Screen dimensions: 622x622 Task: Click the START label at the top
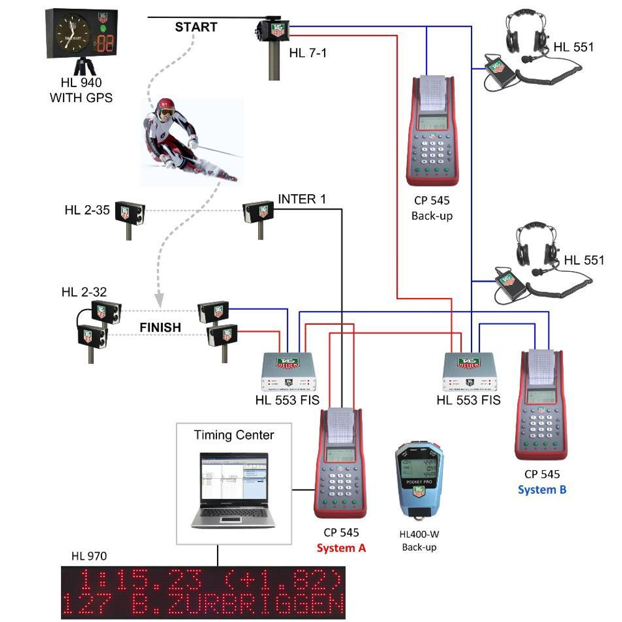point(196,27)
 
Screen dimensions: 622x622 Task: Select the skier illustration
point(187,140)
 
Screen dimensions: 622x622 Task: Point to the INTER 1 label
point(302,199)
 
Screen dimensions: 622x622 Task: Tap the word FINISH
point(160,327)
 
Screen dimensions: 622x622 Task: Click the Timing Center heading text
point(233,435)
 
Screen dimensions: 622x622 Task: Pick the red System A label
point(341,548)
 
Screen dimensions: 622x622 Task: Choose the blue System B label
point(542,490)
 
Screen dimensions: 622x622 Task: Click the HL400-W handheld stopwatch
point(418,479)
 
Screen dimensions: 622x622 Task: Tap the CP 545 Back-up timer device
point(431,131)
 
